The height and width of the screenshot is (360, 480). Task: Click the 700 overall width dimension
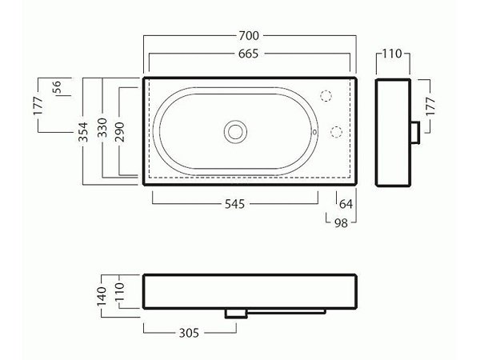(249, 36)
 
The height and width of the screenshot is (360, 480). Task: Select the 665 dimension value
(248, 54)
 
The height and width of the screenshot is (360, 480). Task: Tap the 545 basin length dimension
(234, 204)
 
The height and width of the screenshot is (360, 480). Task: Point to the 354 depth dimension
(83, 132)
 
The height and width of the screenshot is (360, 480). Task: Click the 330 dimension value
(102, 127)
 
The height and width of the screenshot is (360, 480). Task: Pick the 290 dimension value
(120, 132)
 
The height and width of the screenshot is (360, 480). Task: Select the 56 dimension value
(57, 87)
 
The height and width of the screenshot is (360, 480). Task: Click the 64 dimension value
(346, 204)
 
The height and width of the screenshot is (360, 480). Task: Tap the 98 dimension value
(341, 223)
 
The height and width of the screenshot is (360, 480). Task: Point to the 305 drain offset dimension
(189, 333)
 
